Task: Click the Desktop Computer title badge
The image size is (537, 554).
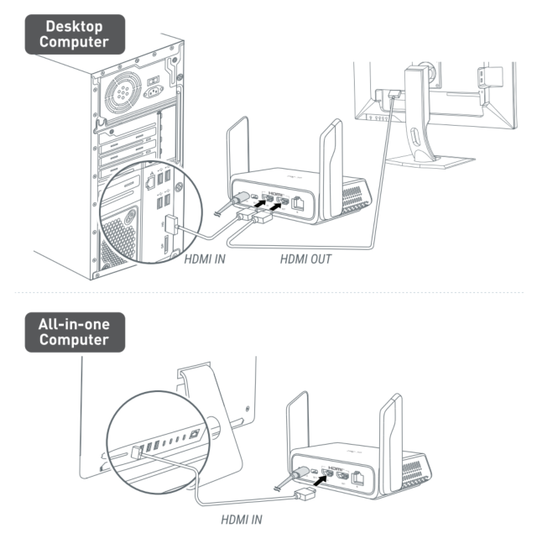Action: pyautogui.click(x=76, y=34)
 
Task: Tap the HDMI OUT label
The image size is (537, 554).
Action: pyautogui.click(x=305, y=259)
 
